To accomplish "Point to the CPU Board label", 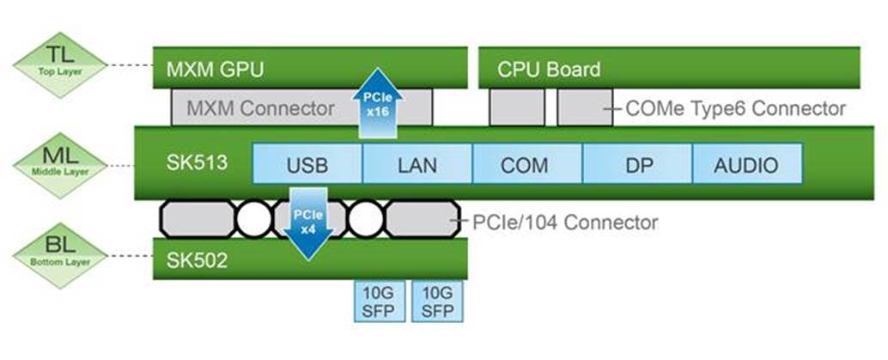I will (x=549, y=69).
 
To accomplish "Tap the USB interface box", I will (x=307, y=165).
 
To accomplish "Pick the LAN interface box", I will (x=417, y=165).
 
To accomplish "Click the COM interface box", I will (x=526, y=165).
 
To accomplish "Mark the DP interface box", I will (x=636, y=165).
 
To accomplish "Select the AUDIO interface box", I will (x=746, y=165).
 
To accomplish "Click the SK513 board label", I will (x=197, y=163).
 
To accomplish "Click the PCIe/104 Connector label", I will (x=565, y=223).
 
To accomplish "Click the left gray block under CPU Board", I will (x=517, y=108).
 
